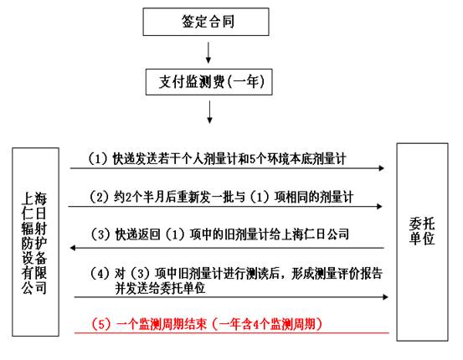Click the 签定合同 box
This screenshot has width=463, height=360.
pos(206,22)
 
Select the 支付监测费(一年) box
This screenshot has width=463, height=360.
pos(208,82)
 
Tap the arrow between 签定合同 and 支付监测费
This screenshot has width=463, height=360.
pos(208,53)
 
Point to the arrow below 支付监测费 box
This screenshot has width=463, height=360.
pos(209,112)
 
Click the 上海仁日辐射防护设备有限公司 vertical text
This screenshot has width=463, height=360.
pos(34,243)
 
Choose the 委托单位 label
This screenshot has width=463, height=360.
pos(422,231)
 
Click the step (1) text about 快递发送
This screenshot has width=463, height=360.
pos(218,159)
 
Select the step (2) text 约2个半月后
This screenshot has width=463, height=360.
pos(222,197)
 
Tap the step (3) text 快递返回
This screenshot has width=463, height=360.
pos(220,234)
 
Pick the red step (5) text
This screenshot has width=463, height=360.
pos(207,324)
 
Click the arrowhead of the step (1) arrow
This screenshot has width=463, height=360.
pos(382,168)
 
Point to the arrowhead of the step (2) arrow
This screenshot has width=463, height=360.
pos(380,206)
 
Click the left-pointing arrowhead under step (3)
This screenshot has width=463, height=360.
pos(73,248)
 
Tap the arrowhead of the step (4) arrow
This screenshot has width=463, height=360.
pos(385,297)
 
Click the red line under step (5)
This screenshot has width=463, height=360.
pos(232,333)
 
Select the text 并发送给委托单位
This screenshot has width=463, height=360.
pos(160,288)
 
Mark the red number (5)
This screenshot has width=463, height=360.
pos(101,324)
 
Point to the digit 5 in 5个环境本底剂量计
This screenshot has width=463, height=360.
pos(252,159)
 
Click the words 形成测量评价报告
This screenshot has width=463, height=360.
pos(337,274)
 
